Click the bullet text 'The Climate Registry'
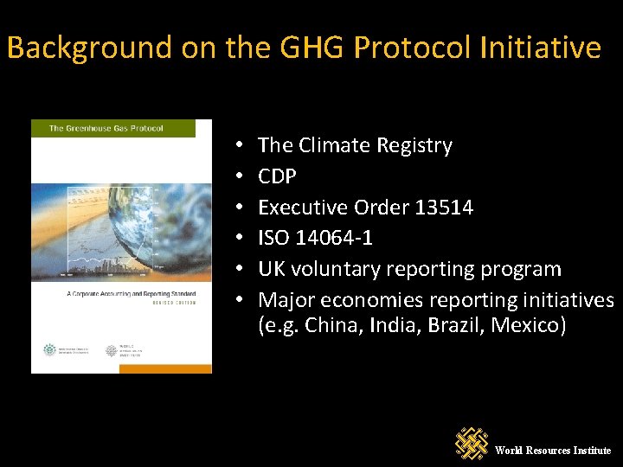pyautogui.click(x=355, y=145)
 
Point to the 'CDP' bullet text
pyautogui.click(x=277, y=176)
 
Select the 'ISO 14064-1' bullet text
pyautogui.click(x=315, y=238)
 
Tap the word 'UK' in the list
pyautogui.click(x=272, y=269)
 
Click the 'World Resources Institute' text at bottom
pyautogui.click(x=553, y=451)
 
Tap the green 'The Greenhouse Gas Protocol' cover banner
pyautogui.click(x=121, y=128)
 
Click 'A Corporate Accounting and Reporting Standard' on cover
pyautogui.click(x=121, y=295)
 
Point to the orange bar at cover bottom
pyautogui.click(x=121, y=368)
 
